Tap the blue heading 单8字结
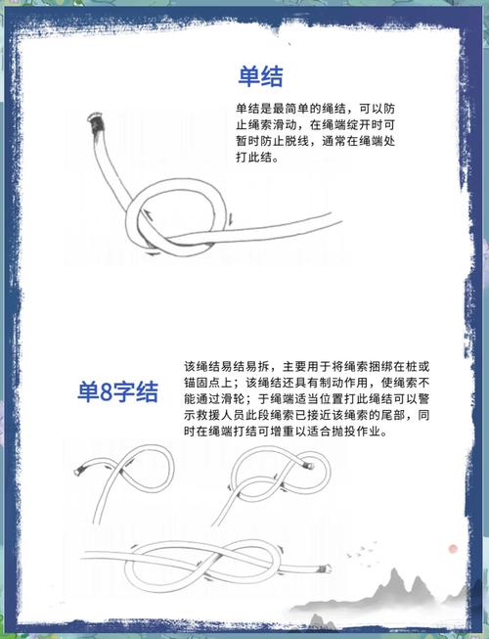pyautogui.click(x=118, y=393)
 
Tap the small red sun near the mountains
pyautogui.click(x=453, y=550)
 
